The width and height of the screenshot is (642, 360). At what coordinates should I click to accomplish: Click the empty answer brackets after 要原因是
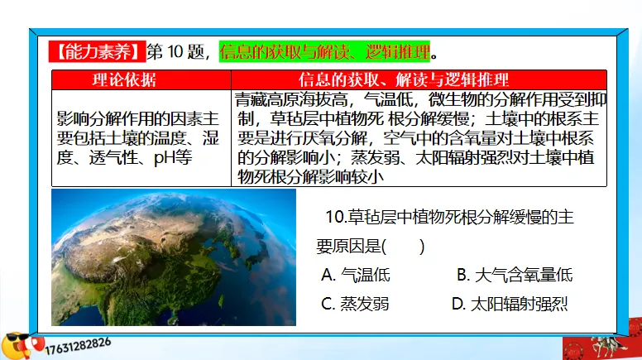(410, 246)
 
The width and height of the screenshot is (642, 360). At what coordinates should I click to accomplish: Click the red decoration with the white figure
(601, 347)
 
